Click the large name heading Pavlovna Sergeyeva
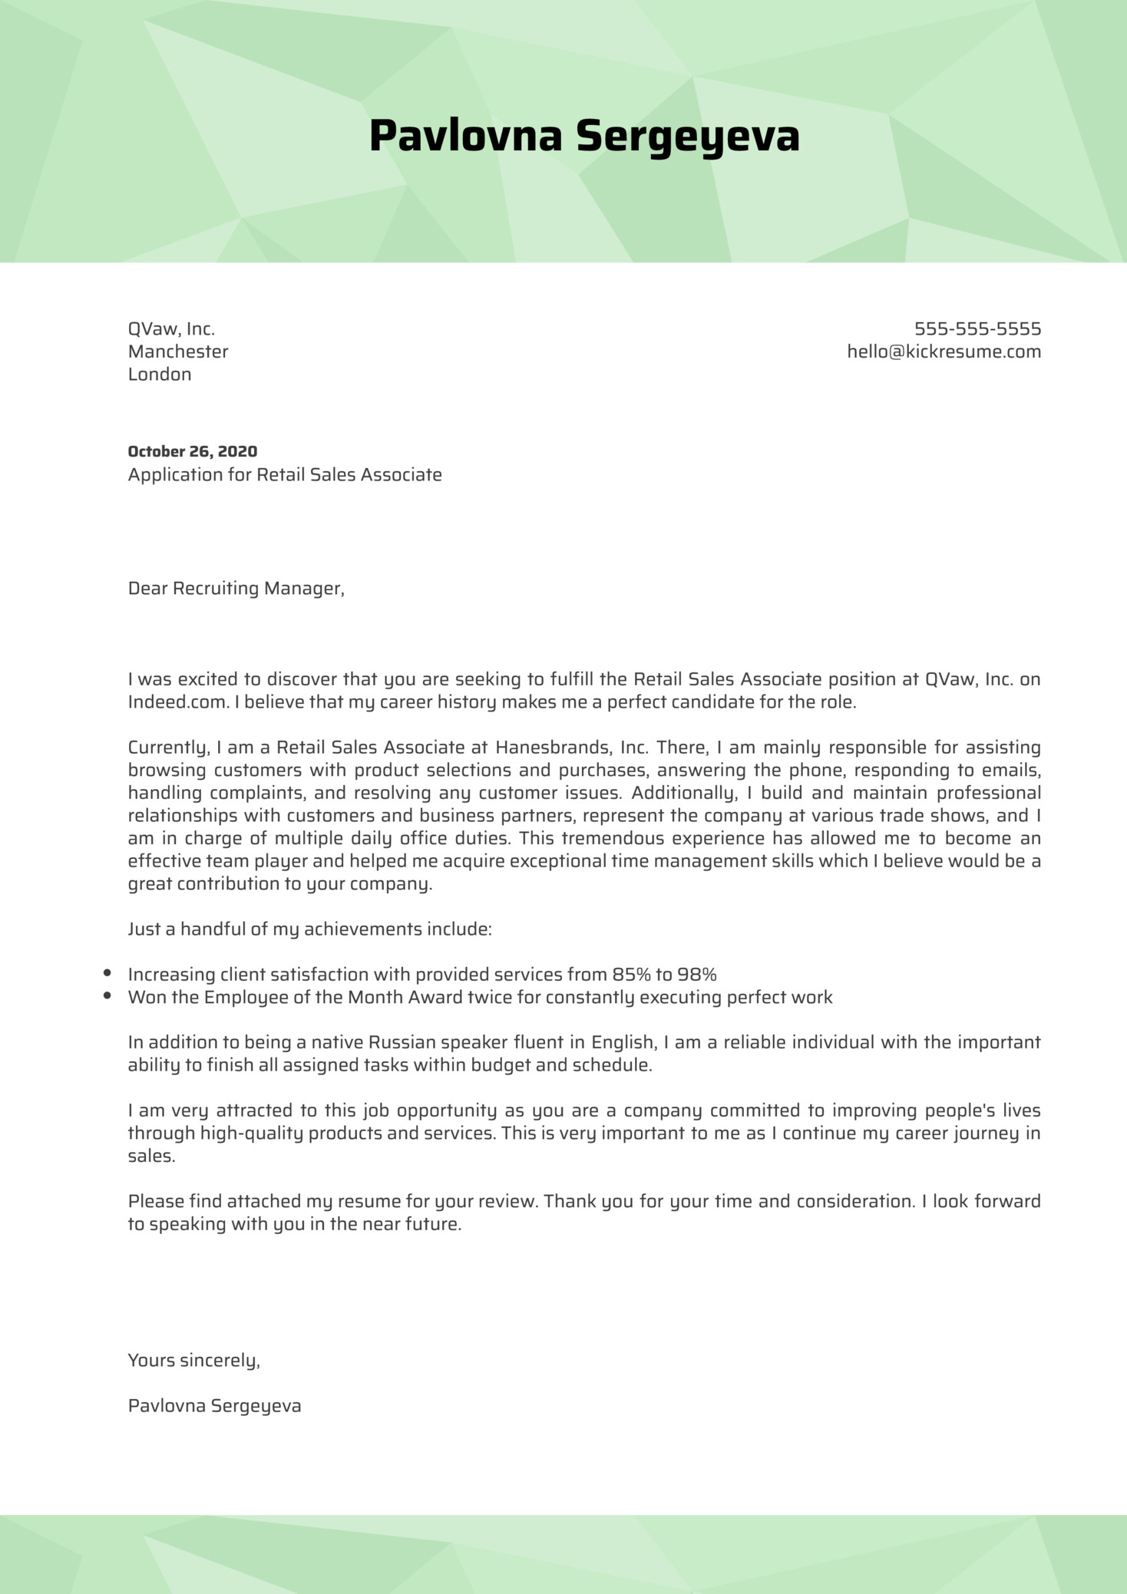click(x=584, y=137)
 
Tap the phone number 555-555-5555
click(x=977, y=329)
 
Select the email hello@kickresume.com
click(x=944, y=351)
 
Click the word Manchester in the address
click(x=178, y=351)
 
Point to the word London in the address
click(x=160, y=375)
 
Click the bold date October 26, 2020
click(x=192, y=451)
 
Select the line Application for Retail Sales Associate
click(x=285, y=475)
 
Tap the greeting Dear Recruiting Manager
click(x=236, y=589)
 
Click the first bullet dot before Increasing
click(x=107, y=973)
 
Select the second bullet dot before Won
click(x=107, y=996)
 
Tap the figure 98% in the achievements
click(x=696, y=975)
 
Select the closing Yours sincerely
click(x=193, y=1361)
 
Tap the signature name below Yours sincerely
click(x=214, y=1406)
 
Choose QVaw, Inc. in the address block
click(x=171, y=329)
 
